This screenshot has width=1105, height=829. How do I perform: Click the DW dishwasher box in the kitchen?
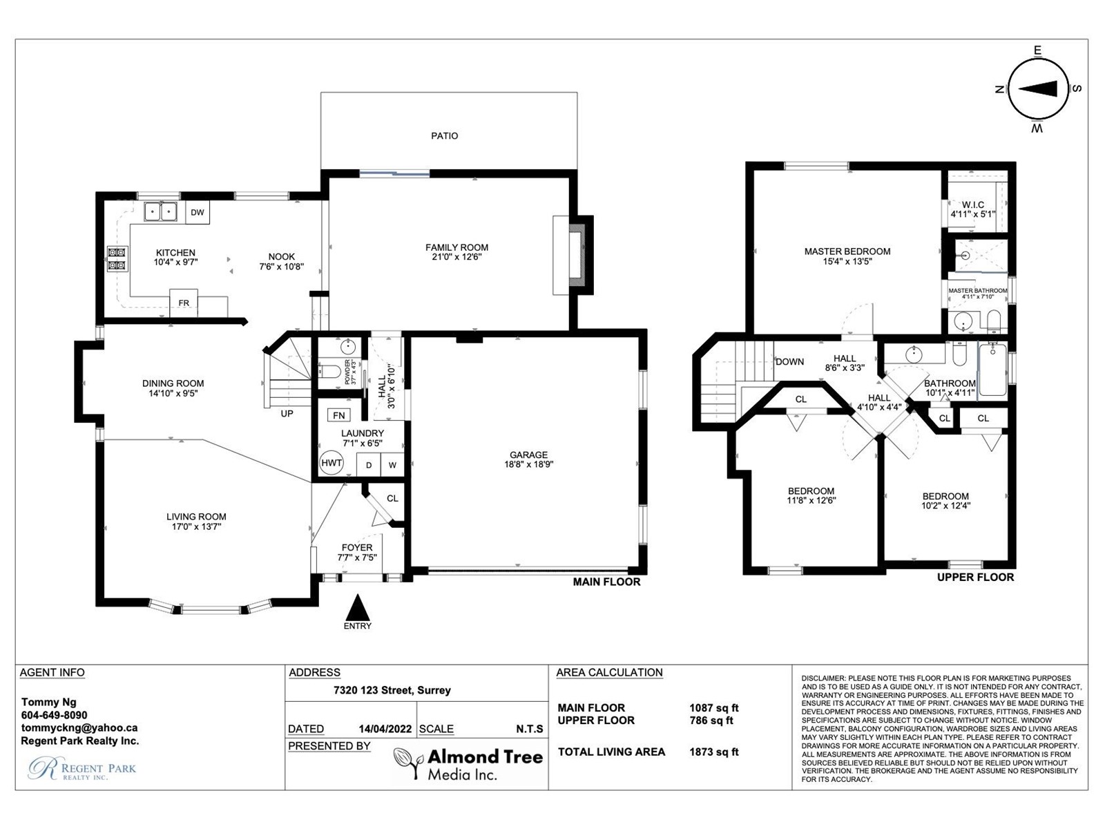tap(198, 212)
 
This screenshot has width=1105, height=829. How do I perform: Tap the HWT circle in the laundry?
tap(331, 463)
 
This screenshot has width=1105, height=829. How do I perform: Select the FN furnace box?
tap(339, 414)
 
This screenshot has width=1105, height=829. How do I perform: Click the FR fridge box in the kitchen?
tap(183, 303)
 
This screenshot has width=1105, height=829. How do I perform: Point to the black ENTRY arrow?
tap(358, 607)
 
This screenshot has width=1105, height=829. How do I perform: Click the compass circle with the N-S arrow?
tap(1037, 89)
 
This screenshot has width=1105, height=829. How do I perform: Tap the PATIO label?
tap(445, 136)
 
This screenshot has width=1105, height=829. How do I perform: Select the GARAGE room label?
tap(528, 455)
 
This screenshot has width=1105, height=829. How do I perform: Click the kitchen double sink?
tap(161, 211)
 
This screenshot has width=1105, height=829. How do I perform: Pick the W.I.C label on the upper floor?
tap(972, 205)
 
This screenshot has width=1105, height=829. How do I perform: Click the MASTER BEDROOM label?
tap(847, 251)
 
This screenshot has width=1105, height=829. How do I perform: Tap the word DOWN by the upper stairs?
tap(790, 361)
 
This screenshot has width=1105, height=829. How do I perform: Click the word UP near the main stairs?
tap(287, 413)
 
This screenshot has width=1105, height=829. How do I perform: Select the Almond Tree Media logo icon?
tap(410, 762)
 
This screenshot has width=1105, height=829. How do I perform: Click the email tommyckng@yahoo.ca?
tap(79, 728)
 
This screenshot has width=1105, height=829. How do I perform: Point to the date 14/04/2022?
tap(385, 729)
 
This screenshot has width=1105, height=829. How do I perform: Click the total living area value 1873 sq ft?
tap(714, 752)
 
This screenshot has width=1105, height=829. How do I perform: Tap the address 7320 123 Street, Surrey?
tap(392, 690)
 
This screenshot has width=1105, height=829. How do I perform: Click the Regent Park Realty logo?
tap(82, 769)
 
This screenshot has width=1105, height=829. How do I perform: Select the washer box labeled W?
tap(392, 464)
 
